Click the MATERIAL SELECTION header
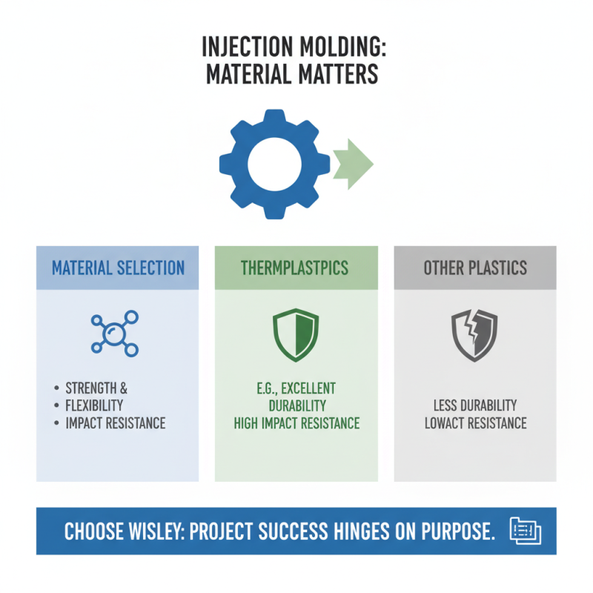[118, 268]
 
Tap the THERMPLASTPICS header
[296, 268]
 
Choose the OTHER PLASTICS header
[475, 268]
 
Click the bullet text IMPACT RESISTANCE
[116, 423]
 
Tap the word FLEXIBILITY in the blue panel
[94, 405]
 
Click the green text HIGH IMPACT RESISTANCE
[296, 423]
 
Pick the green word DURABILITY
[296, 405]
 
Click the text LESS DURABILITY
[475, 405]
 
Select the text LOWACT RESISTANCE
[475, 423]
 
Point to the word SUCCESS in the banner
[296, 531]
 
